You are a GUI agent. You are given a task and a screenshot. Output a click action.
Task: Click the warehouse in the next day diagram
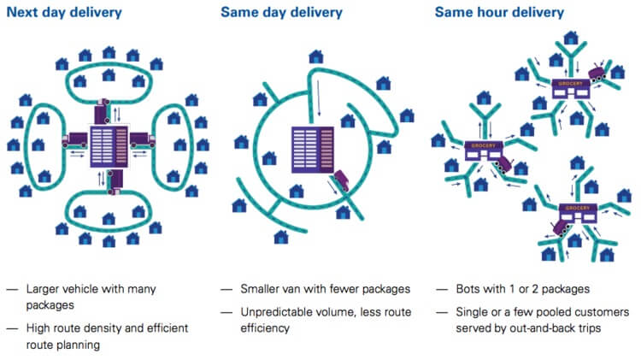pos(109,140)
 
